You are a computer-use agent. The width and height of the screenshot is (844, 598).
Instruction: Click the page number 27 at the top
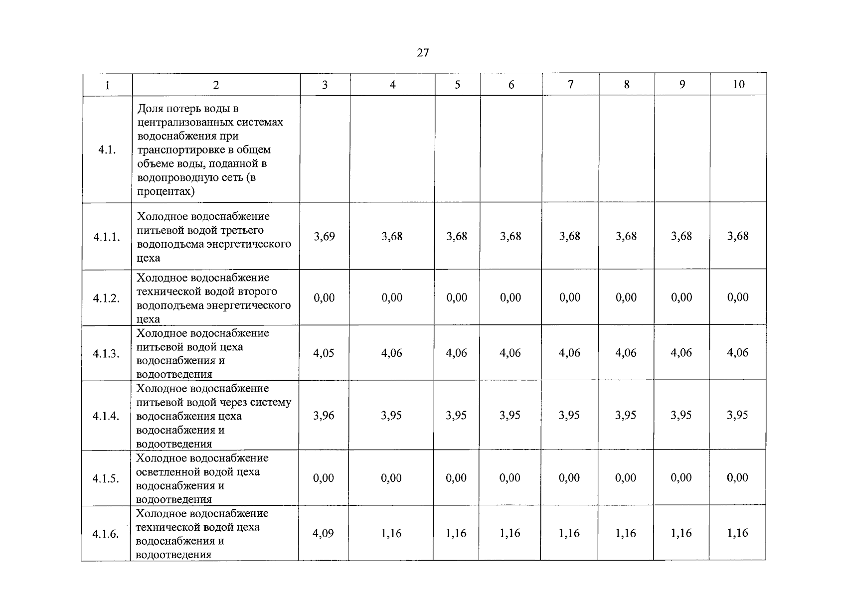point(423,53)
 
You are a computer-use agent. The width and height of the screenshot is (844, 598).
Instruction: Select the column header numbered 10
point(738,84)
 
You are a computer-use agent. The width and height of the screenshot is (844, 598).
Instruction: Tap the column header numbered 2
point(216,85)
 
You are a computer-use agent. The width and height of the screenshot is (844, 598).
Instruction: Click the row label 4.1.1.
point(107,237)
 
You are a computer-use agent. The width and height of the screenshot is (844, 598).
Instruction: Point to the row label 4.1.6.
point(106,534)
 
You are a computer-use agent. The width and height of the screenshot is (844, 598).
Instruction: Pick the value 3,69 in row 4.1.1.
point(325,236)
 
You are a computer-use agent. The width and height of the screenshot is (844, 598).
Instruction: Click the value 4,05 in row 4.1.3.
point(324,353)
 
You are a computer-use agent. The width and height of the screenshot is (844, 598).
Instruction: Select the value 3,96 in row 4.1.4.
point(324,415)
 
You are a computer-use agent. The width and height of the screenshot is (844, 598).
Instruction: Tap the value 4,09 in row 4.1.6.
point(323,533)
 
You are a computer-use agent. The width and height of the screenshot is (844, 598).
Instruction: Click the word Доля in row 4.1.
point(150,108)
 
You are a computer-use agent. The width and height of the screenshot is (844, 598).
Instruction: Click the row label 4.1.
point(107,149)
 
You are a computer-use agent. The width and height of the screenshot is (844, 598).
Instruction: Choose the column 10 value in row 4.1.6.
point(737,533)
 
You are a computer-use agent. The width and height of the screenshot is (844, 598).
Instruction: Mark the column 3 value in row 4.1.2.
point(324,298)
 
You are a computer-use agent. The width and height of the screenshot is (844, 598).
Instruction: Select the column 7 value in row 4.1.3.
point(569,353)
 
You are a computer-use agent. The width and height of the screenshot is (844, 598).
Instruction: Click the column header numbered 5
point(458,85)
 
